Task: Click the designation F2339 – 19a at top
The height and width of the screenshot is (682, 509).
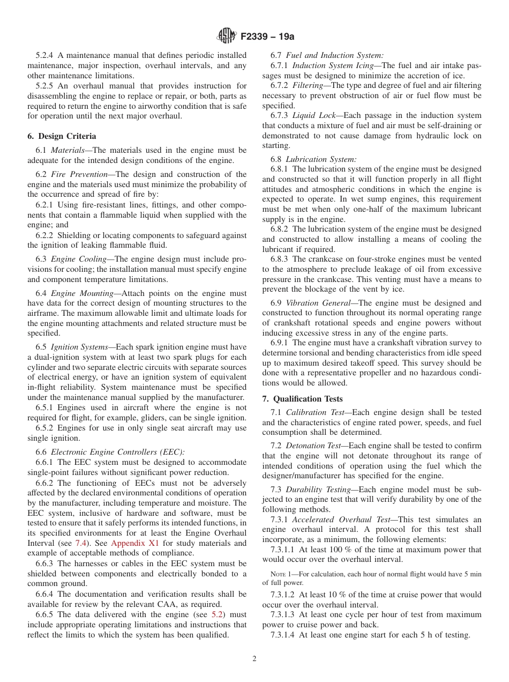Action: tap(267, 37)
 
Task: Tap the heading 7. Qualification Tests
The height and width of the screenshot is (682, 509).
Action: tap(302, 399)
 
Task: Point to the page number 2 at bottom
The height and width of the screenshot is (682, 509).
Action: tap(254, 659)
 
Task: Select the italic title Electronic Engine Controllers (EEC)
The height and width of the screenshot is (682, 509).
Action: tap(117, 452)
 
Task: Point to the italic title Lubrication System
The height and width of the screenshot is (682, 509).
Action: tap(321, 159)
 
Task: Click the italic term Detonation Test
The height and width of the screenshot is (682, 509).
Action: tap(313, 446)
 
